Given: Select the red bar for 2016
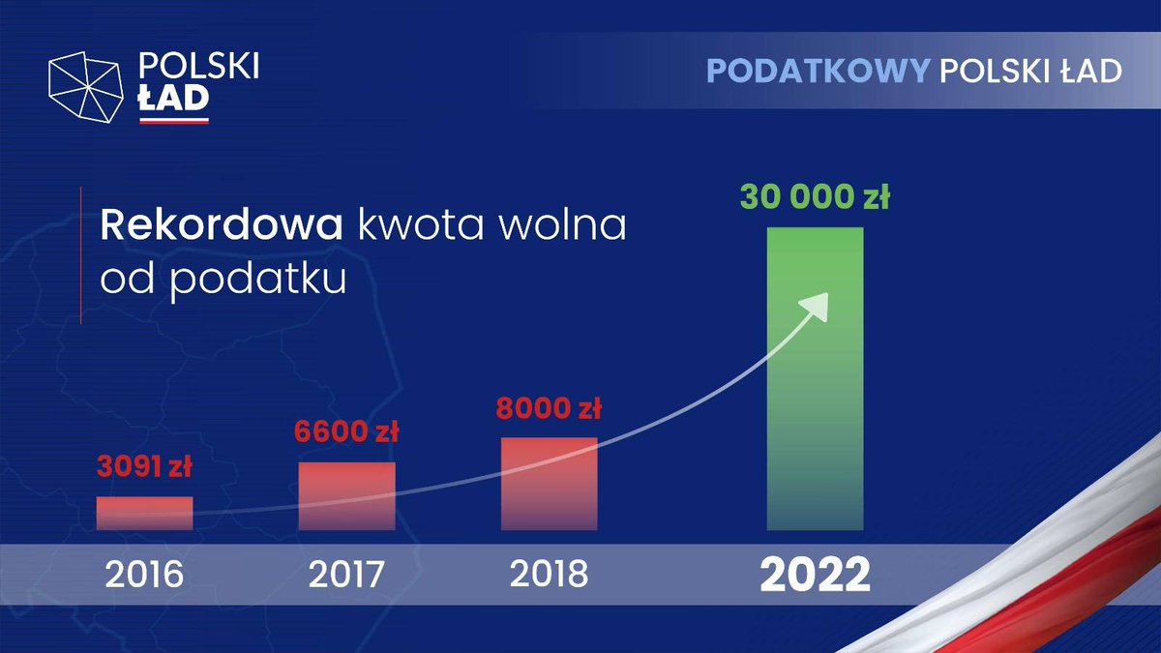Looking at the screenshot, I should click(x=144, y=514).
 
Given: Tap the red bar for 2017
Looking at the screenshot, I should click(x=346, y=496).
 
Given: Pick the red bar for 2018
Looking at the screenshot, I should click(x=549, y=484).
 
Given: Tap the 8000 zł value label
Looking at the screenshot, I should click(x=549, y=408).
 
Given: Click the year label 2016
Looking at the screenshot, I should click(x=144, y=575).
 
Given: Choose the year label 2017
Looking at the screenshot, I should click(x=346, y=575).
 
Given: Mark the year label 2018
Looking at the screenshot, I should click(x=549, y=574).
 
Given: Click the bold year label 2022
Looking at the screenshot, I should click(x=815, y=575).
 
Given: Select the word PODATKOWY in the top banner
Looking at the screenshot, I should click(x=817, y=71).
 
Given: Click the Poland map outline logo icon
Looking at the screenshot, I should click(x=87, y=85).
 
